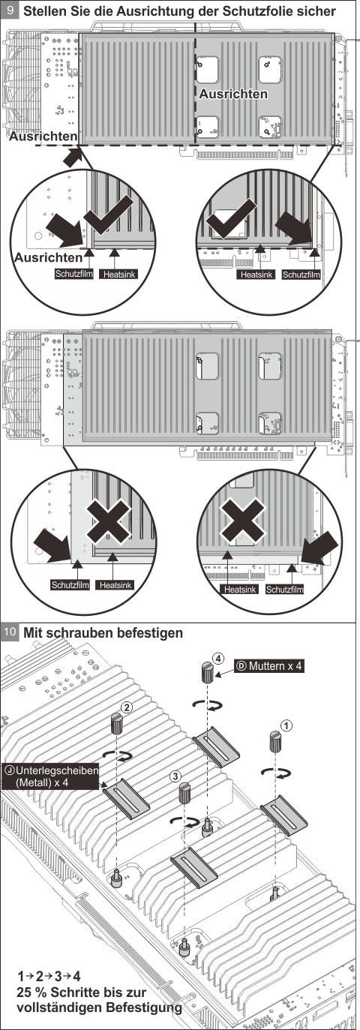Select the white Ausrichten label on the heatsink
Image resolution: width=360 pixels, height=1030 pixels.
pos(232,95)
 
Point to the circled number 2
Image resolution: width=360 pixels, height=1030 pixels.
pos(127,707)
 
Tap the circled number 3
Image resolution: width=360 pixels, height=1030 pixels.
pos(175,775)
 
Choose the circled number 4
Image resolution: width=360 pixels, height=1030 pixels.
pos(217,659)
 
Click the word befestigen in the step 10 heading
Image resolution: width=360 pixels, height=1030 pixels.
pos(145,632)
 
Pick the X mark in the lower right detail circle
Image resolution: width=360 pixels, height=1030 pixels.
pos(241,521)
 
